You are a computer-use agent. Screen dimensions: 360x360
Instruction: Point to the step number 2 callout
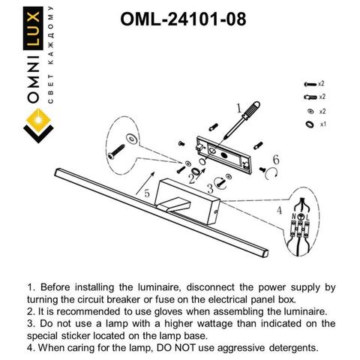click(192, 181)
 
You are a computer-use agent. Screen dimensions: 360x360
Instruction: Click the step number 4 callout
click(280, 211)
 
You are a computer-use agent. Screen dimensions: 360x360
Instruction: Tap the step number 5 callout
click(147, 193)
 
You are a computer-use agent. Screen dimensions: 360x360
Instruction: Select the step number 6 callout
click(276, 160)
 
